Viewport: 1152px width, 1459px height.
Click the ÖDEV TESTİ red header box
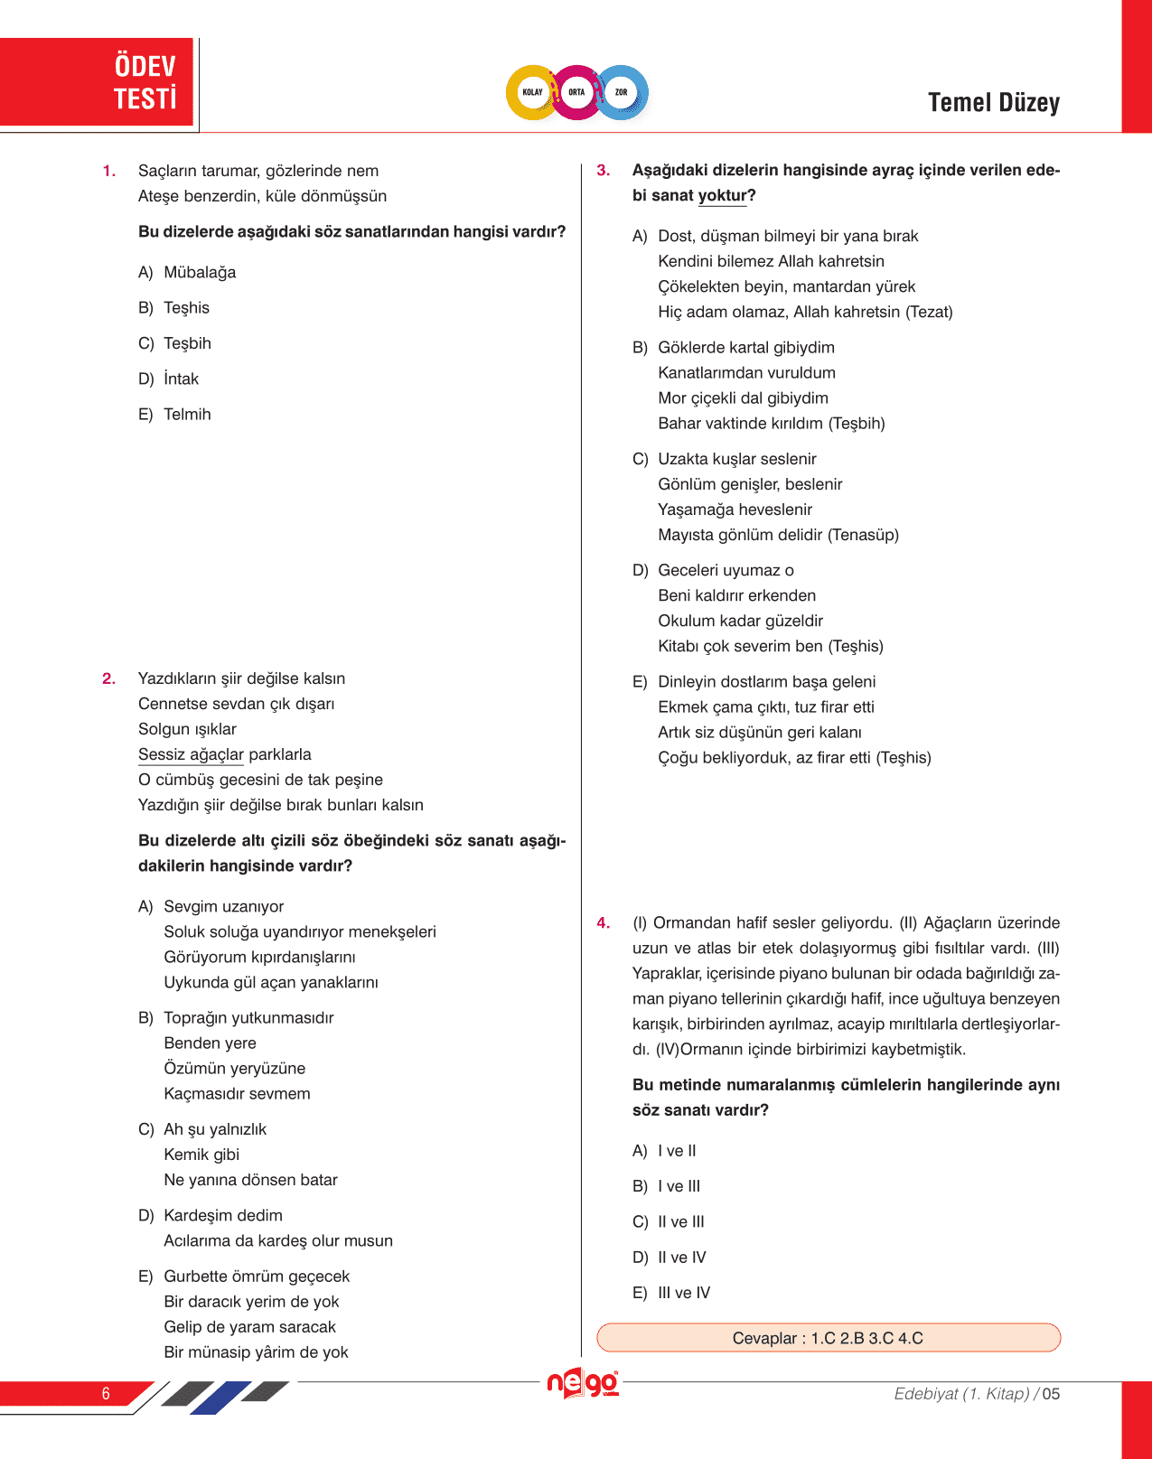[x=97, y=81]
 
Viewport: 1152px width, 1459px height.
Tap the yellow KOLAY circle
[x=532, y=92]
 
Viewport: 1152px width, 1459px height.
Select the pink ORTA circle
[x=576, y=92]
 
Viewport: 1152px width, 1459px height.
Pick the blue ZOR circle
[x=622, y=92]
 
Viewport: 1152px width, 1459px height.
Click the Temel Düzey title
[x=993, y=103]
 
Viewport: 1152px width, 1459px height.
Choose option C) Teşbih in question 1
[x=175, y=343]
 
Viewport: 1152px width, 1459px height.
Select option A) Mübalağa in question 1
[x=187, y=272]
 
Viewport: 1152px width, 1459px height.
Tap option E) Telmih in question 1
[x=175, y=415]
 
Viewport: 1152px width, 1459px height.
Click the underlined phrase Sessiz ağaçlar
[x=191, y=754]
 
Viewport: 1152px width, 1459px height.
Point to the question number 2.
[x=108, y=678]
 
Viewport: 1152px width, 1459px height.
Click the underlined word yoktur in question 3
[x=723, y=195]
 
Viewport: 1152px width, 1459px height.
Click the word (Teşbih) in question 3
[x=857, y=424]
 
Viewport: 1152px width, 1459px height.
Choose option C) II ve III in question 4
[x=669, y=1222]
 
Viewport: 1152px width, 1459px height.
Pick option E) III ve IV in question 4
[x=671, y=1293]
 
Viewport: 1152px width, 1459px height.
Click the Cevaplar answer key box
[x=828, y=1338]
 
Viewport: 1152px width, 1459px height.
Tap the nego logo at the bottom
[x=583, y=1383]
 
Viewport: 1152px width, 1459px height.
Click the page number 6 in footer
[x=106, y=1393]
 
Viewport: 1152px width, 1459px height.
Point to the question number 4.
[x=604, y=923]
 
